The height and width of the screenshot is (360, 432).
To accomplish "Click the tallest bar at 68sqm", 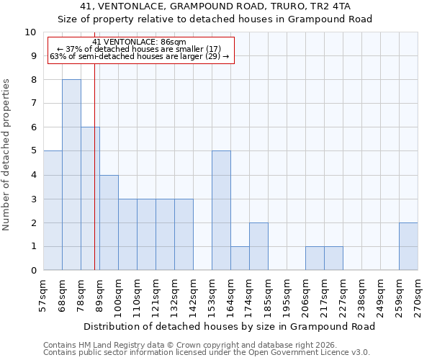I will pyautogui.click(x=71, y=175).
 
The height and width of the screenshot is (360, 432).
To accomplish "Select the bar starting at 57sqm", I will pyautogui.click(x=53, y=210).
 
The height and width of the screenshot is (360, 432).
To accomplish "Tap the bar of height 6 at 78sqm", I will pyautogui.click(x=90, y=199).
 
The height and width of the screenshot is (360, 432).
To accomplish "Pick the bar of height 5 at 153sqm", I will pyautogui.click(x=221, y=210).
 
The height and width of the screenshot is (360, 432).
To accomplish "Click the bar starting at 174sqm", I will pyautogui.click(x=258, y=246).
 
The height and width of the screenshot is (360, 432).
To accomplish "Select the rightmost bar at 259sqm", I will pyautogui.click(x=408, y=246).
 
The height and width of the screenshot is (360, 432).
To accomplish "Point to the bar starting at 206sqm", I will pyautogui.click(x=315, y=258).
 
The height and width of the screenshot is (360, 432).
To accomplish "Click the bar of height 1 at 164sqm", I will pyautogui.click(x=240, y=258).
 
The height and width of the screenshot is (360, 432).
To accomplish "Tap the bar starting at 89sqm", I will pyautogui.click(x=109, y=222).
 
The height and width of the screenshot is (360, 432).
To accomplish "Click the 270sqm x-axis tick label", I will pyautogui.click(x=418, y=294).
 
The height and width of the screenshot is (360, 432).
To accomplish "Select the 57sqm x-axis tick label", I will pyautogui.click(x=44, y=294).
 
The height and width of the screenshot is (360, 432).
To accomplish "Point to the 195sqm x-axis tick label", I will pyautogui.click(x=287, y=294).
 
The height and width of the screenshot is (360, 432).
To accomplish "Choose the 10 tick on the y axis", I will pyautogui.click(x=31, y=32).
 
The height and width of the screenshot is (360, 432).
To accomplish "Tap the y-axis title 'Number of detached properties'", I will pyautogui.click(x=7, y=156).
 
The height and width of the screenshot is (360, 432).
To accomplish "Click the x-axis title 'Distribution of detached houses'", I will pyautogui.click(x=234, y=326).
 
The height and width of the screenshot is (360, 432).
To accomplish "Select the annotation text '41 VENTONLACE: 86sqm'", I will pyautogui.click(x=140, y=42).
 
